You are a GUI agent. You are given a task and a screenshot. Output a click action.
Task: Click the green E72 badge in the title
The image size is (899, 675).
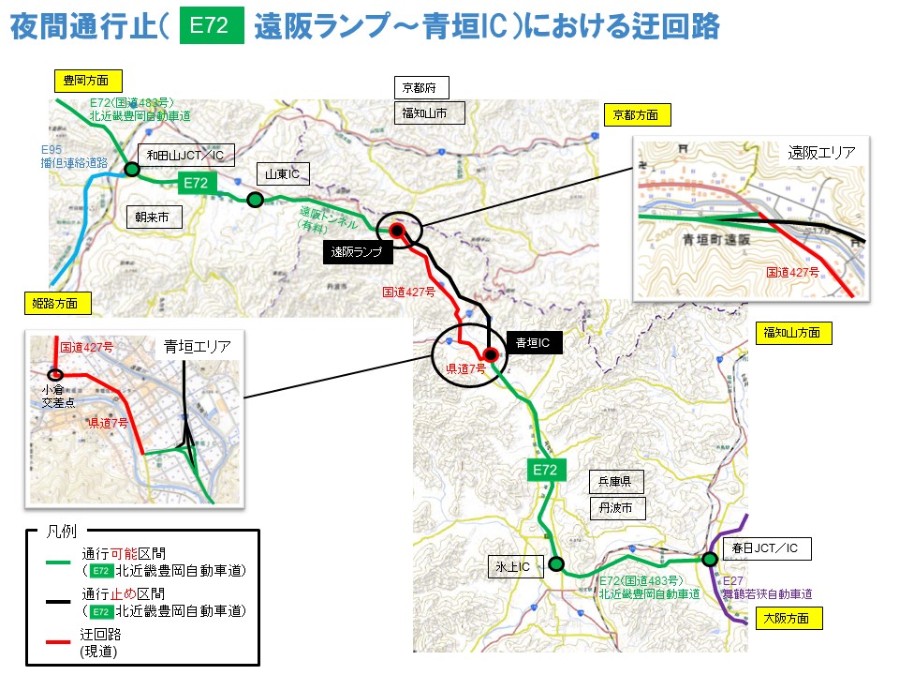(x=209, y=26)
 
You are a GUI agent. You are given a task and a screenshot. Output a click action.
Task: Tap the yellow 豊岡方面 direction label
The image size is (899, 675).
(x=86, y=81)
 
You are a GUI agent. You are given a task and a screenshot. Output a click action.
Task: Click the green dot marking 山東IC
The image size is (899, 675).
(x=255, y=199)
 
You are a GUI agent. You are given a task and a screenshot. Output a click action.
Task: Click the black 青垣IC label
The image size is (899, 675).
(x=534, y=343)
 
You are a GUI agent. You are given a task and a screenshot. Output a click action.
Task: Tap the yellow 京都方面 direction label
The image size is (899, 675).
(x=636, y=115)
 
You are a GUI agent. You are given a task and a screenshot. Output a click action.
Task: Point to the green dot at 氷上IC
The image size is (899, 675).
(x=556, y=564)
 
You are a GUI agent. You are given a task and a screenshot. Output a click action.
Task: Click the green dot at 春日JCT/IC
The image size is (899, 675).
(x=710, y=559)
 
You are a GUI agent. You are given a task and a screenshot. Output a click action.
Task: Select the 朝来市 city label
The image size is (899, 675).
(x=151, y=217)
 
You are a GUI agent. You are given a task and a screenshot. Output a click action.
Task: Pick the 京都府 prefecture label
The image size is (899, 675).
(x=420, y=88)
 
